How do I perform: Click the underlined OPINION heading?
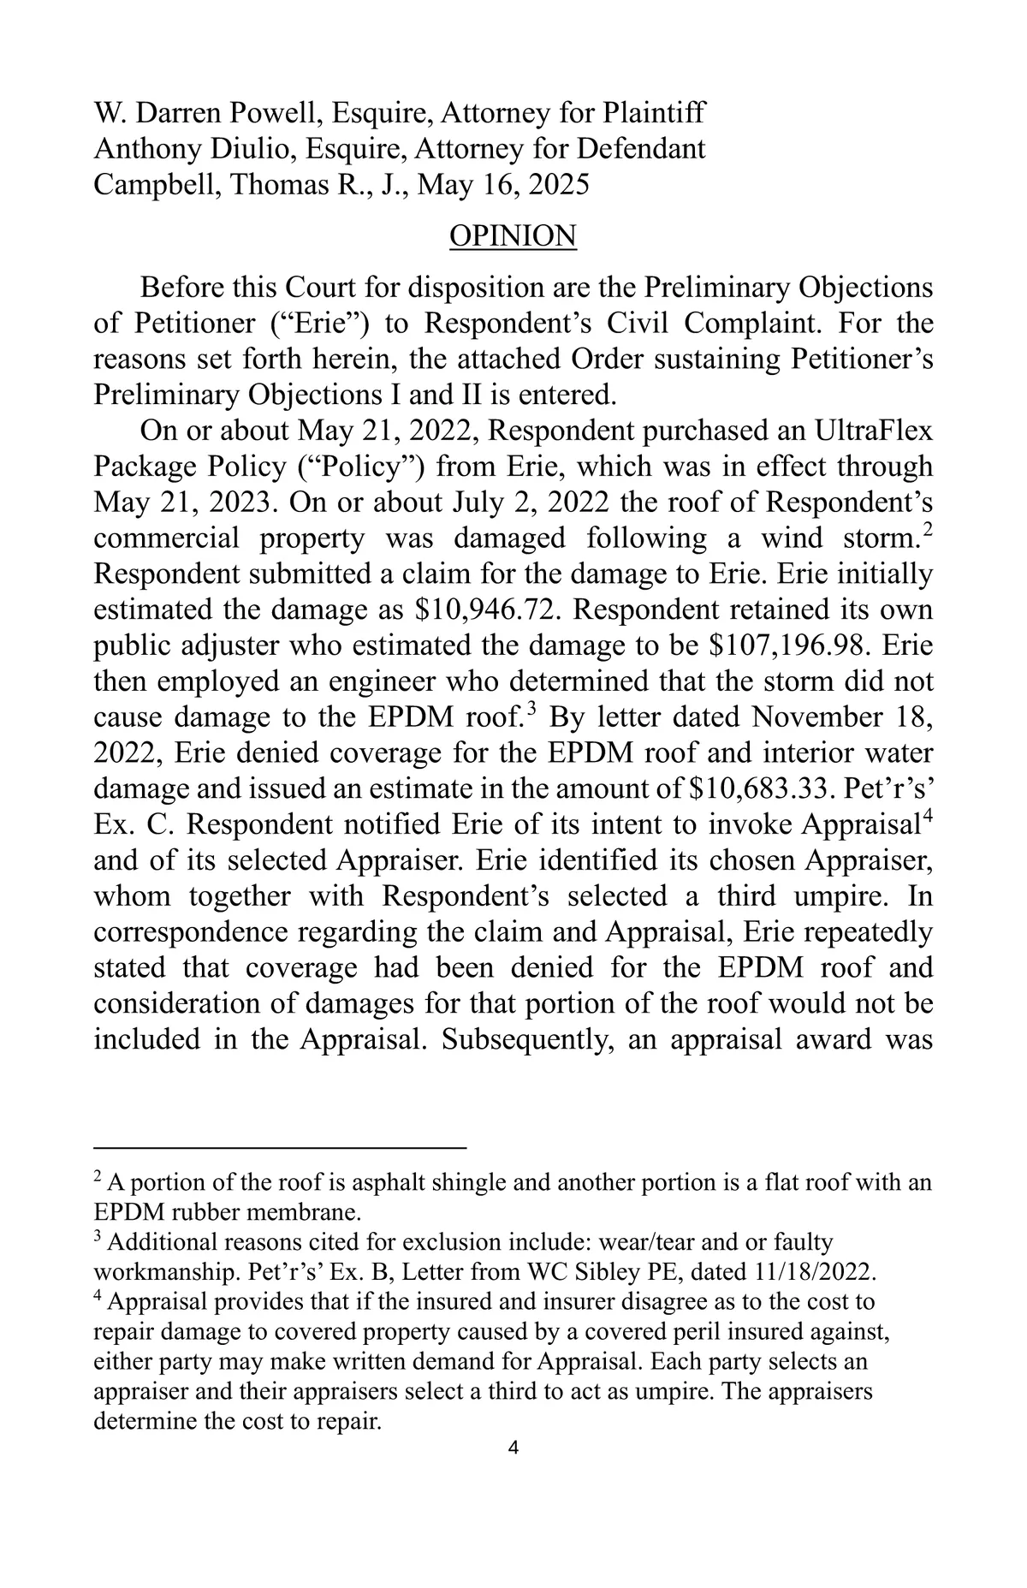point(513,236)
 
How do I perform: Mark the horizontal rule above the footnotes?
point(279,1146)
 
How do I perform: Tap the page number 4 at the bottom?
point(513,1448)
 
